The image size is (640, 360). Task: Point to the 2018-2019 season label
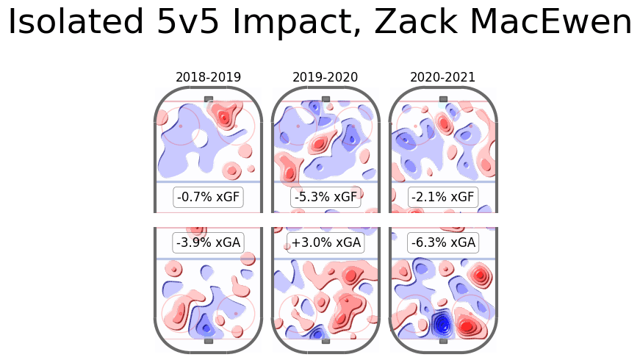point(208,77)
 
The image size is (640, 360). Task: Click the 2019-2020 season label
point(326,77)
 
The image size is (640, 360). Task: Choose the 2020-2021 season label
point(442,77)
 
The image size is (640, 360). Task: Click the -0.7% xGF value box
point(209,197)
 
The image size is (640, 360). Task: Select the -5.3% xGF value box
point(326,197)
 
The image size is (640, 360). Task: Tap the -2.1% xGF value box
point(443,197)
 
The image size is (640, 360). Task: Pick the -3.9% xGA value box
point(209,242)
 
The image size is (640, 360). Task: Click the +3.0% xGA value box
point(326,242)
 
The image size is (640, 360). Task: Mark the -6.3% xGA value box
point(443,242)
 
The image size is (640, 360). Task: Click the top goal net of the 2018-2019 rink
point(209,98)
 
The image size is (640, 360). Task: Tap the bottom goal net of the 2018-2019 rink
point(209,341)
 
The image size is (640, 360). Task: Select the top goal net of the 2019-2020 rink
point(326,98)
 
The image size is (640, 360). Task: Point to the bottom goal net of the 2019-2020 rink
point(326,341)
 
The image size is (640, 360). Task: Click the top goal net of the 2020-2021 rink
point(443,98)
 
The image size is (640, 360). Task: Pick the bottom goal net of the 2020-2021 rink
point(443,341)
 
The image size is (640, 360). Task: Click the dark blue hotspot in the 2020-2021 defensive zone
point(442,324)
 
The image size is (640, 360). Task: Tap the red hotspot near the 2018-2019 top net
point(223,115)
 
